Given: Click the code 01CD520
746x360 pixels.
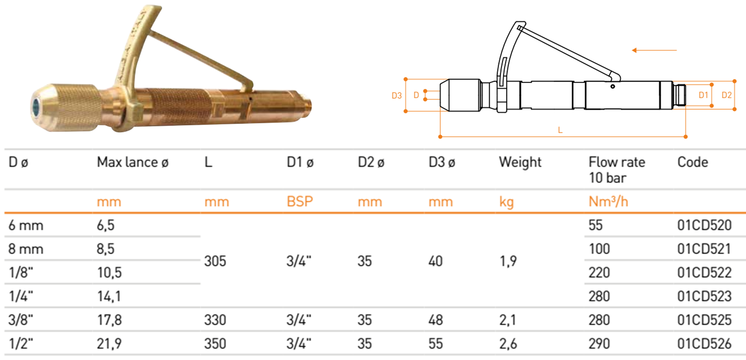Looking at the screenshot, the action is [704, 225].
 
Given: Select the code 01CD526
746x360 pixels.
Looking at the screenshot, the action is [704, 344].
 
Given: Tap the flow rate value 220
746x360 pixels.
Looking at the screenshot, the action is [599, 273].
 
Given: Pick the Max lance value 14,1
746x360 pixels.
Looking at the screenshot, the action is [109, 296].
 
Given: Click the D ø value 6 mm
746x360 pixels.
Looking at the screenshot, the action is [26, 225].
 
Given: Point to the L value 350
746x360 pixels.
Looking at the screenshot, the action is [215, 344].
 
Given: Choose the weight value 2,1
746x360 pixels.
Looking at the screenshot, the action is [508, 320].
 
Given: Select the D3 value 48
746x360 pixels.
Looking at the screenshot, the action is [436, 320].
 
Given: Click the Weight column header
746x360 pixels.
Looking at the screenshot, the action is [520, 162].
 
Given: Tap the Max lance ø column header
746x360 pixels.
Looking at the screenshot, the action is [132, 162].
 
